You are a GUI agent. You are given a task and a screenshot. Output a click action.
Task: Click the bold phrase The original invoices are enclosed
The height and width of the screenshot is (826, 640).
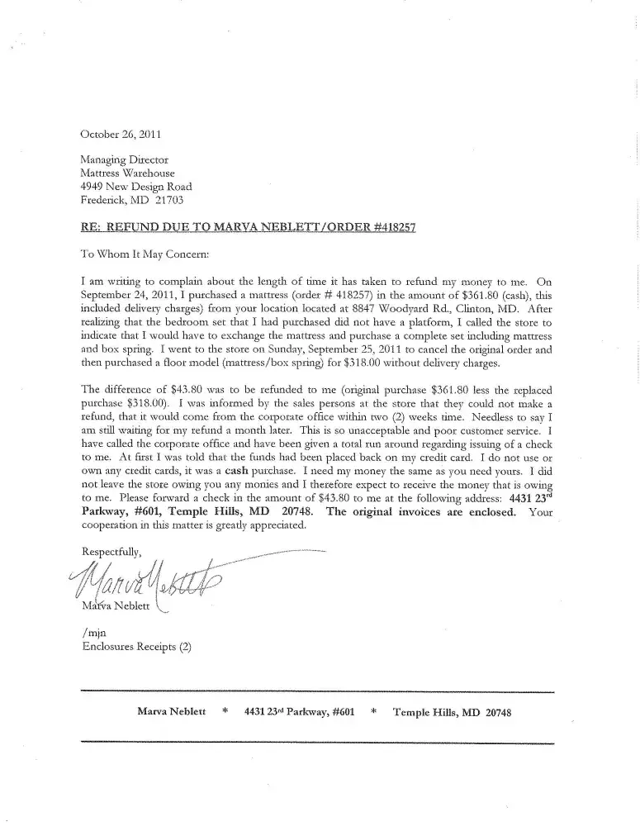(422, 511)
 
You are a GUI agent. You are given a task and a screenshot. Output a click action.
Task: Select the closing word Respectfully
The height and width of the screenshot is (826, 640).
(111, 551)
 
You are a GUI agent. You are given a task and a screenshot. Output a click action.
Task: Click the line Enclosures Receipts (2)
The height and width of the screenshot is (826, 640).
(135, 647)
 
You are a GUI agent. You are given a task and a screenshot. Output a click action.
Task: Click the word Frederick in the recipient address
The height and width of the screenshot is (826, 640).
(104, 200)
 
